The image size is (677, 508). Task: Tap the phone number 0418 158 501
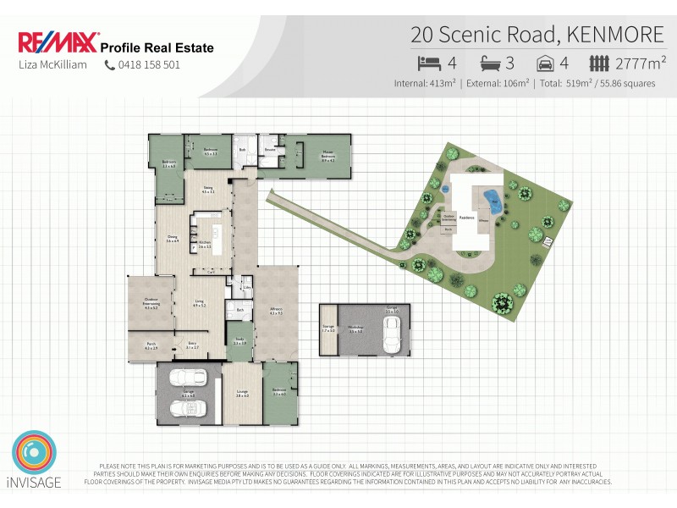149,64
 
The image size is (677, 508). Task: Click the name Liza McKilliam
52,64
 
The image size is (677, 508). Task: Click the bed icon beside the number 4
429,62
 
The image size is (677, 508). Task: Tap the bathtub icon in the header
492,62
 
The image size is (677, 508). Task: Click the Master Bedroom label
328,156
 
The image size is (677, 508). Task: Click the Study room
239,341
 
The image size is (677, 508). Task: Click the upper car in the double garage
187,378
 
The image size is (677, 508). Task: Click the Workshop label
356,329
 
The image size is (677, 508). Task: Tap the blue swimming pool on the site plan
490,201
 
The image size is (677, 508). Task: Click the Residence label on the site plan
466,218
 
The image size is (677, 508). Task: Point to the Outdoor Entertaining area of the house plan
151,306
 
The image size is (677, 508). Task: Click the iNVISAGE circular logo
35,456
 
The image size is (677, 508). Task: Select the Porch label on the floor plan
151,346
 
